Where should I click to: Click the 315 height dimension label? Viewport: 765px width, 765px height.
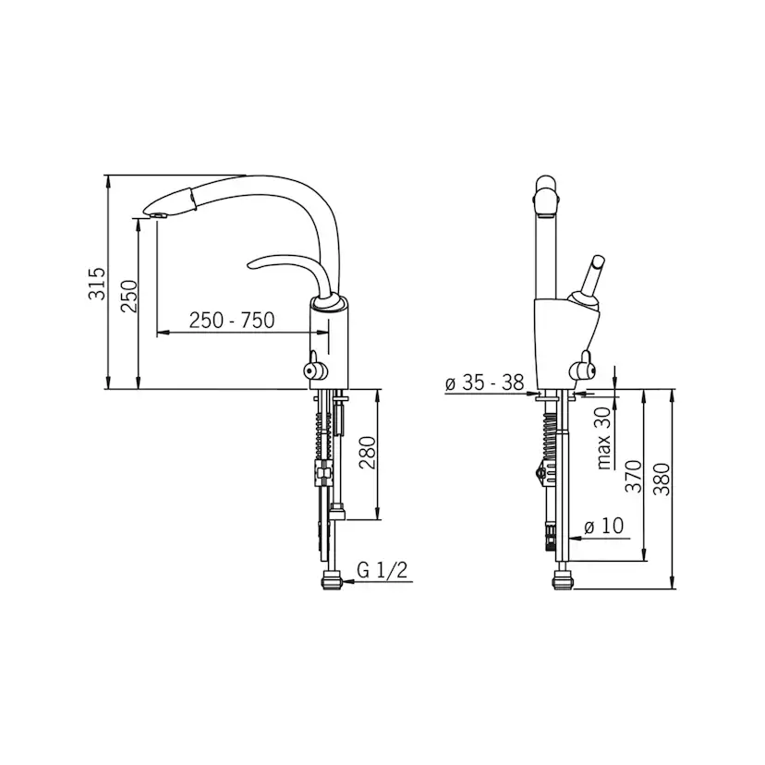pos(97,284)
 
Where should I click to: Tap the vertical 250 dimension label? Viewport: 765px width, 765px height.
pos(129,297)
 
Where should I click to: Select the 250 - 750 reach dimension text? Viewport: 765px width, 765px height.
pos(232,320)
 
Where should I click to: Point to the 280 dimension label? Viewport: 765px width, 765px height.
pos(368,453)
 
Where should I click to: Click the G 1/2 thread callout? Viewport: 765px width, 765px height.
pos(382,570)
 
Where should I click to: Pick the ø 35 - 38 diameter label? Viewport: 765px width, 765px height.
pos(484,382)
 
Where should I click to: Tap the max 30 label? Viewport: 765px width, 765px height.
pos(604,438)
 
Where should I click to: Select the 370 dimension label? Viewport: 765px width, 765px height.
pos(633,476)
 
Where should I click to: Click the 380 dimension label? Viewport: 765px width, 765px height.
pos(662,480)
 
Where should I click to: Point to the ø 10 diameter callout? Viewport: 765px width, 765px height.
pos(604,526)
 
